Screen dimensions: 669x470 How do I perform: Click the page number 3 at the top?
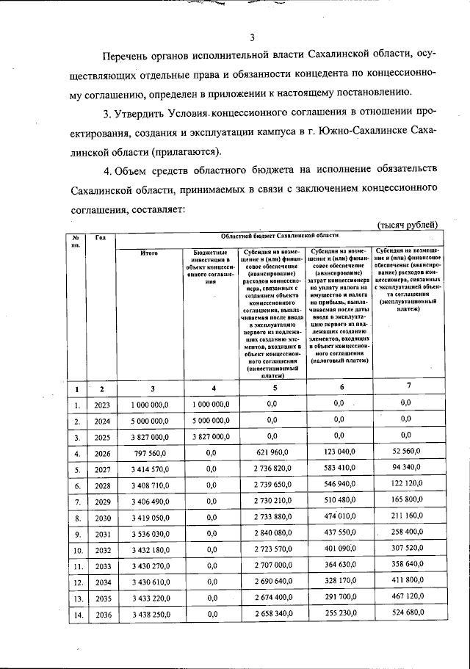[251, 39]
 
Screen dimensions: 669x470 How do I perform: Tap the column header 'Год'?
[101, 237]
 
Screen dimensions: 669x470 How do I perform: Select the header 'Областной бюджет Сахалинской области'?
[279, 235]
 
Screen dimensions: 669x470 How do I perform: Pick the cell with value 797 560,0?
[150, 454]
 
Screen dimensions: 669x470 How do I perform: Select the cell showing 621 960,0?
[272, 454]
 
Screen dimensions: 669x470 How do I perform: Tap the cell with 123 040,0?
[339, 454]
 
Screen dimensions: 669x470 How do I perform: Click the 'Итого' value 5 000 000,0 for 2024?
[150, 421]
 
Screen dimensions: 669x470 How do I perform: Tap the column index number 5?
[272, 388]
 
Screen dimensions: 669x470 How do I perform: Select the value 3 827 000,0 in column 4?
[211, 437]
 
